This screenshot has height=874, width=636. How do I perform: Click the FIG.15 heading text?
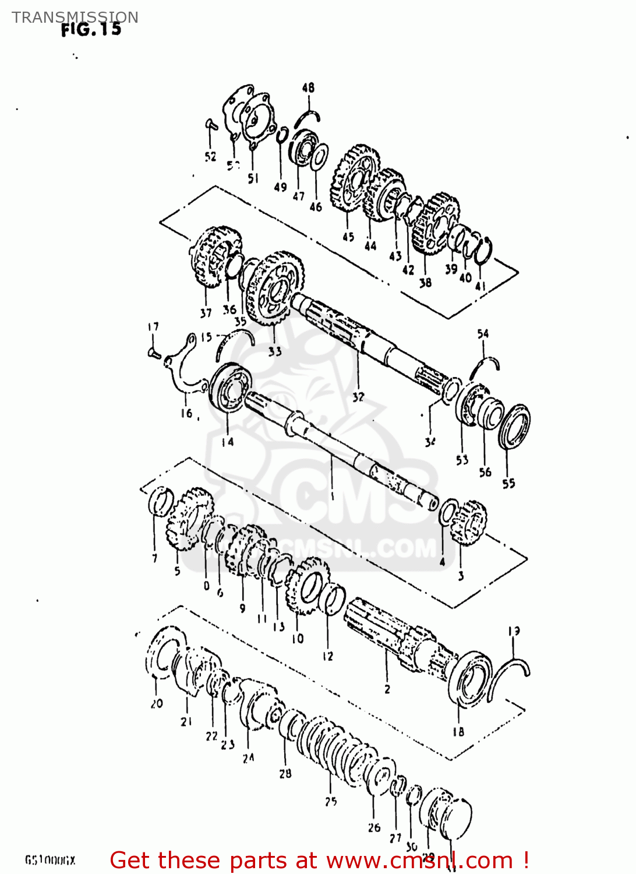[x=91, y=29]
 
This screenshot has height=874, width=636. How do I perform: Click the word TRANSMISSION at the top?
[x=75, y=17]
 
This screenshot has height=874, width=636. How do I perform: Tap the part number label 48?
[x=308, y=87]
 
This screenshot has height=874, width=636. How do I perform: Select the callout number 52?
[x=210, y=156]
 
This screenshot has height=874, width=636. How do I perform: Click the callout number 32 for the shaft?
[x=358, y=397]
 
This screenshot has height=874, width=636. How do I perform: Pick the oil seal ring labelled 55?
[x=514, y=427]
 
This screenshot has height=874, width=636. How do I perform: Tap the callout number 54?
[x=483, y=334]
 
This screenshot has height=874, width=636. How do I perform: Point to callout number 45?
[x=348, y=237]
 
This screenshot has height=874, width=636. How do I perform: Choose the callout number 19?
[x=514, y=631]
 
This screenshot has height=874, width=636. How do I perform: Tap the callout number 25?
[x=331, y=802]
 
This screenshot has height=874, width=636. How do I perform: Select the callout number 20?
[x=157, y=703]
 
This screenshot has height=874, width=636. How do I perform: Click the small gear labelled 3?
[x=469, y=523]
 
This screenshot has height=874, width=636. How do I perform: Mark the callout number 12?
[x=328, y=657]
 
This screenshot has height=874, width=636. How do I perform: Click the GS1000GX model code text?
[x=50, y=860]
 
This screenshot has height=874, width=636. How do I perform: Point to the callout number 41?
[x=480, y=286]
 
